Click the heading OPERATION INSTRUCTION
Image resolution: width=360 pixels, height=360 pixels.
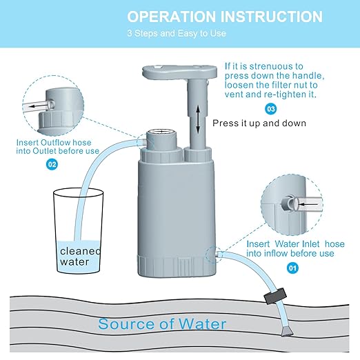(x=225, y=17)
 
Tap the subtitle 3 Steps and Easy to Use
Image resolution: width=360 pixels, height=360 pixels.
(x=168, y=33)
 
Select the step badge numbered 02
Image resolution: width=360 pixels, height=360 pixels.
(x=52, y=164)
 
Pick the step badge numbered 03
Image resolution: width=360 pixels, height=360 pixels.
(x=271, y=108)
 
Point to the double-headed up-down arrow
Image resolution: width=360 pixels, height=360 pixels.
(x=197, y=119)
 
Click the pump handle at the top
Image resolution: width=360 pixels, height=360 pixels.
(x=176, y=75)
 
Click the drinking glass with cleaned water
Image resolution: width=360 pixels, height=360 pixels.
(x=79, y=231)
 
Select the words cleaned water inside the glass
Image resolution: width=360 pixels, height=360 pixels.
(x=78, y=257)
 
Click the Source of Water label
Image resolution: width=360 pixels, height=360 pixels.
(x=162, y=323)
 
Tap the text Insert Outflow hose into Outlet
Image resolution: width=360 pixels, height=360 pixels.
(x=59, y=146)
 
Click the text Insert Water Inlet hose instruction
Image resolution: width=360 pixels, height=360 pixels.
(x=290, y=248)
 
